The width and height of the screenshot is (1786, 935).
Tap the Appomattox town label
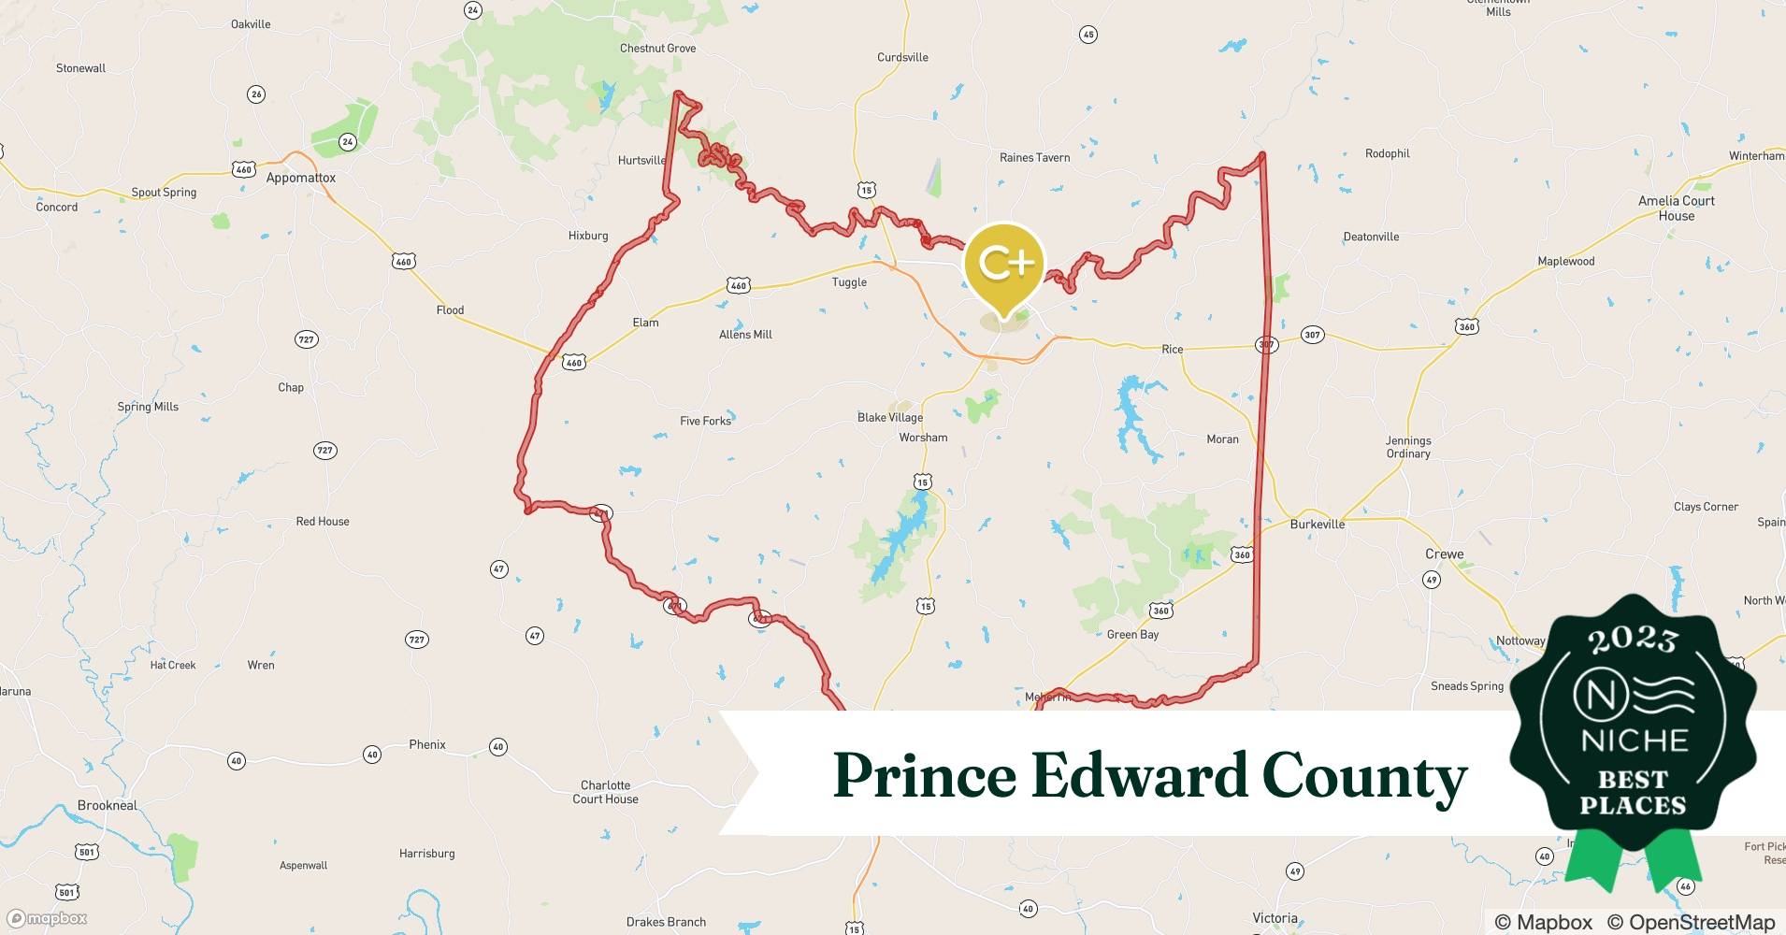pyautogui.click(x=300, y=178)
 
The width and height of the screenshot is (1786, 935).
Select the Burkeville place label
pyautogui.click(x=1317, y=525)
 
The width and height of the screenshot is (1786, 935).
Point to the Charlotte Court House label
pyautogui.click(x=605, y=792)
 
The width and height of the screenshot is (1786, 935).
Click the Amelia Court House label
pyautogui.click(x=1676, y=208)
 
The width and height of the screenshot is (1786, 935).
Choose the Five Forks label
pyautogui.click(x=705, y=421)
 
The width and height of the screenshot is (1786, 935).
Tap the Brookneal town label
pyautogui.click(x=108, y=805)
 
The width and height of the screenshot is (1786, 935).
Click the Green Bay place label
pyautogui.click(x=1132, y=634)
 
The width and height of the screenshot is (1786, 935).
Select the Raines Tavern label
pyautogui.click(x=1034, y=157)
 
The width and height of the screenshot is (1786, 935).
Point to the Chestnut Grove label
pyautogui.click(x=657, y=49)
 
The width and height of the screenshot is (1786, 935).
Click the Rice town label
pyautogui.click(x=1172, y=349)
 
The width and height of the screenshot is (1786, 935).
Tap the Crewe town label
pyautogui.click(x=1444, y=554)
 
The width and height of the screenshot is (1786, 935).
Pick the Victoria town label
pyautogui.click(x=1275, y=917)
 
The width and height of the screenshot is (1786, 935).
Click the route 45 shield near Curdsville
pyautogui.click(x=1087, y=35)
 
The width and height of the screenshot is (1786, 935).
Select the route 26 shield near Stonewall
pyautogui.click(x=256, y=93)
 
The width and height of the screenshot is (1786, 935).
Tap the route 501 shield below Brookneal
pyautogui.click(x=86, y=852)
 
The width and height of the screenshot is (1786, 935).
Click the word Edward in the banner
pyautogui.click(x=1138, y=776)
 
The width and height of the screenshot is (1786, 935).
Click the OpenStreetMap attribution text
pyautogui.click(x=1691, y=922)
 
